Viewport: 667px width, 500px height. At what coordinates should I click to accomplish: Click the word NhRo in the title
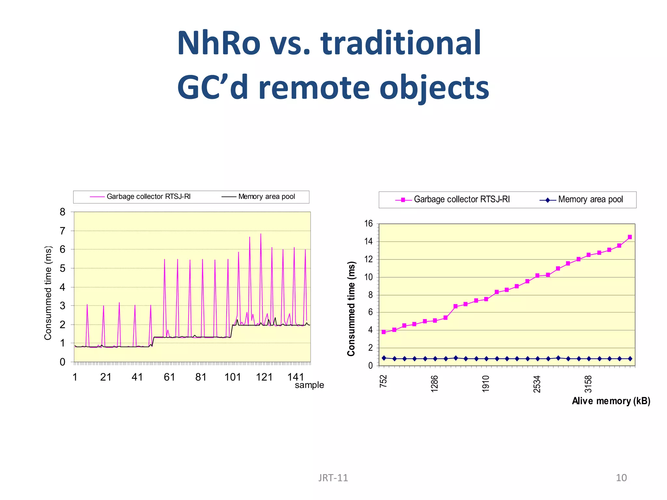point(219,43)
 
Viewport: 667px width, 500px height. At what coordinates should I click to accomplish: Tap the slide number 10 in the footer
point(621,478)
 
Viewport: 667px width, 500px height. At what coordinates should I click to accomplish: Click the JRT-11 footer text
point(333,478)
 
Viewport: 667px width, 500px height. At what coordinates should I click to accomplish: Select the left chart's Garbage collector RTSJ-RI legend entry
point(148,197)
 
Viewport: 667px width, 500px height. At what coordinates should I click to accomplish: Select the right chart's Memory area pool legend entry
point(590,199)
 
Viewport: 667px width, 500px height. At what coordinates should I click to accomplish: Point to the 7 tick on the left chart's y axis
point(63,231)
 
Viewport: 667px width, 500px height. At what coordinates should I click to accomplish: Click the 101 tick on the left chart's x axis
point(233,377)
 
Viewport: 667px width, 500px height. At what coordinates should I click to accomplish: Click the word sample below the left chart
point(309,385)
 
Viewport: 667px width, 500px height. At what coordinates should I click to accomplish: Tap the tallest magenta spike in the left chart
point(261,234)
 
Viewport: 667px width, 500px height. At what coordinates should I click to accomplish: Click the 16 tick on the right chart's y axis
point(368,224)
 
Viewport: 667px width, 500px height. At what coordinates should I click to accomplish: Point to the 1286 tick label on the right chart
point(434,383)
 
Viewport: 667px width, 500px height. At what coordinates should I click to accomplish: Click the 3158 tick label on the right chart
point(588,383)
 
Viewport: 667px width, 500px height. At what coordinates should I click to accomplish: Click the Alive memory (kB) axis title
point(611,401)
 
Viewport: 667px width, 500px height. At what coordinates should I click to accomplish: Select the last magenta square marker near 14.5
point(630,237)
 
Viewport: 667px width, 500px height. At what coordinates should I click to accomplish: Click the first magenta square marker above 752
point(384,332)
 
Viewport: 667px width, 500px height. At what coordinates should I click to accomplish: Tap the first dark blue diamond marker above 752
point(384,358)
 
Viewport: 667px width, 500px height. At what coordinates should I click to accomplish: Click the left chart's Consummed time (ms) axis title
point(48,293)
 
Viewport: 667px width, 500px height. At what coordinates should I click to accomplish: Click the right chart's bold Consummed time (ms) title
point(351,309)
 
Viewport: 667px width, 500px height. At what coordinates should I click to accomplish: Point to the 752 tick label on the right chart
point(384,381)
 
